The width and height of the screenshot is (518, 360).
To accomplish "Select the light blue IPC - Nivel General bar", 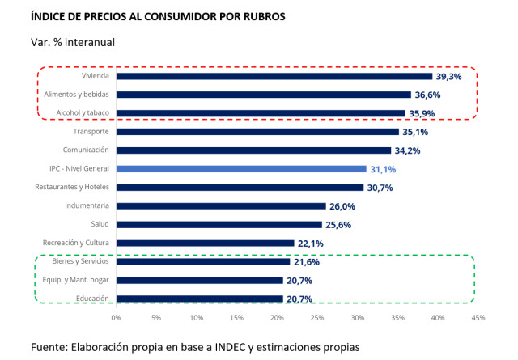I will pyautogui.click(x=241, y=169).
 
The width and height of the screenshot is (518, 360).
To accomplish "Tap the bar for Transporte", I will pyautogui.click(x=257, y=132).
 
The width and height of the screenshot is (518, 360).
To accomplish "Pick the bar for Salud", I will pyautogui.click(x=219, y=224).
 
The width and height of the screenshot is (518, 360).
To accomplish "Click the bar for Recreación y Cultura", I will pyautogui.click(x=205, y=243).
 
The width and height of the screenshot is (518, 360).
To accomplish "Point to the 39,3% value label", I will pyautogui.click(x=449, y=76).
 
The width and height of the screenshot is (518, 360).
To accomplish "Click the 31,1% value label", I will pyautogui.click(x=383, y=169).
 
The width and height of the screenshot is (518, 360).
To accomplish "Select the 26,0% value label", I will pyautogui.click(x=342, y=206).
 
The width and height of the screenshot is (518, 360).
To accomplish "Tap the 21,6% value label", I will pyautogui.click(x=307, y=262).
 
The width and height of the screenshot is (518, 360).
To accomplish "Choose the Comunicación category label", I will pyautogui.click(x=87, y=150).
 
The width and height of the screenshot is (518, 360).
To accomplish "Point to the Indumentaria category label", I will pyautogui.click(x=87, y=206).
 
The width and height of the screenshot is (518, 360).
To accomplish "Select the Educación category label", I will pyautogui.click(x=93, y=299).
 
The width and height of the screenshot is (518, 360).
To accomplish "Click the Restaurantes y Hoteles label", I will pyautogui.click(x=74, y=188).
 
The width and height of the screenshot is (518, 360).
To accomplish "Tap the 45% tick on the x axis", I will pyautogui.click(x=478, y=318).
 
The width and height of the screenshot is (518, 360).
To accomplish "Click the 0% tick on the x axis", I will pyautogui.click(x=117, y=318).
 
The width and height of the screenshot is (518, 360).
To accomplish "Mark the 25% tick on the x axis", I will pyautogui.click(x=317, y=318).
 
